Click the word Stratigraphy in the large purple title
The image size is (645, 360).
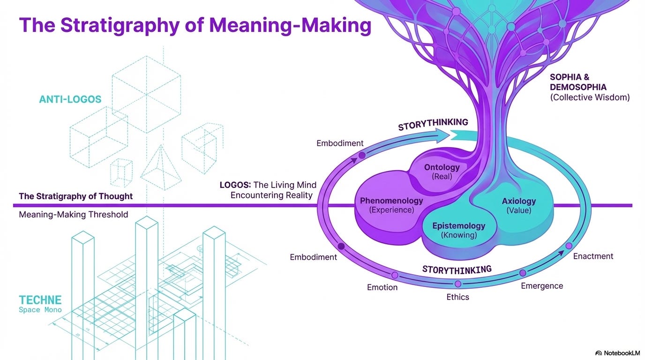pos(120,26)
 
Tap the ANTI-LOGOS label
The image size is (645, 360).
pos(70,99)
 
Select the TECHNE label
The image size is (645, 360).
pos(40,300)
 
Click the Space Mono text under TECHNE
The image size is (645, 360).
pos(40,310)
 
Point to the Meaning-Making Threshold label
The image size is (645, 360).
pos(74,215)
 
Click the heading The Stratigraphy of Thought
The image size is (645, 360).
pos(76,196)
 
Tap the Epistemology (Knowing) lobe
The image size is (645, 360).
pos(459,230)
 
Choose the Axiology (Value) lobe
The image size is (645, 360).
pos(518,205)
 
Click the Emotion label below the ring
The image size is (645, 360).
pos(382,287)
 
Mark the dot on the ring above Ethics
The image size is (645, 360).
pos(458,284)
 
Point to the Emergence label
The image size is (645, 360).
pos(542,286)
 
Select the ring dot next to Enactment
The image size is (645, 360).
pos(569,246)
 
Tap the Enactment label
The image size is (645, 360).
pos(593,256)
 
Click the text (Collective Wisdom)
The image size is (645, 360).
pos(590,97)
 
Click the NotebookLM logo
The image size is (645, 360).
pos(617,353)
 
